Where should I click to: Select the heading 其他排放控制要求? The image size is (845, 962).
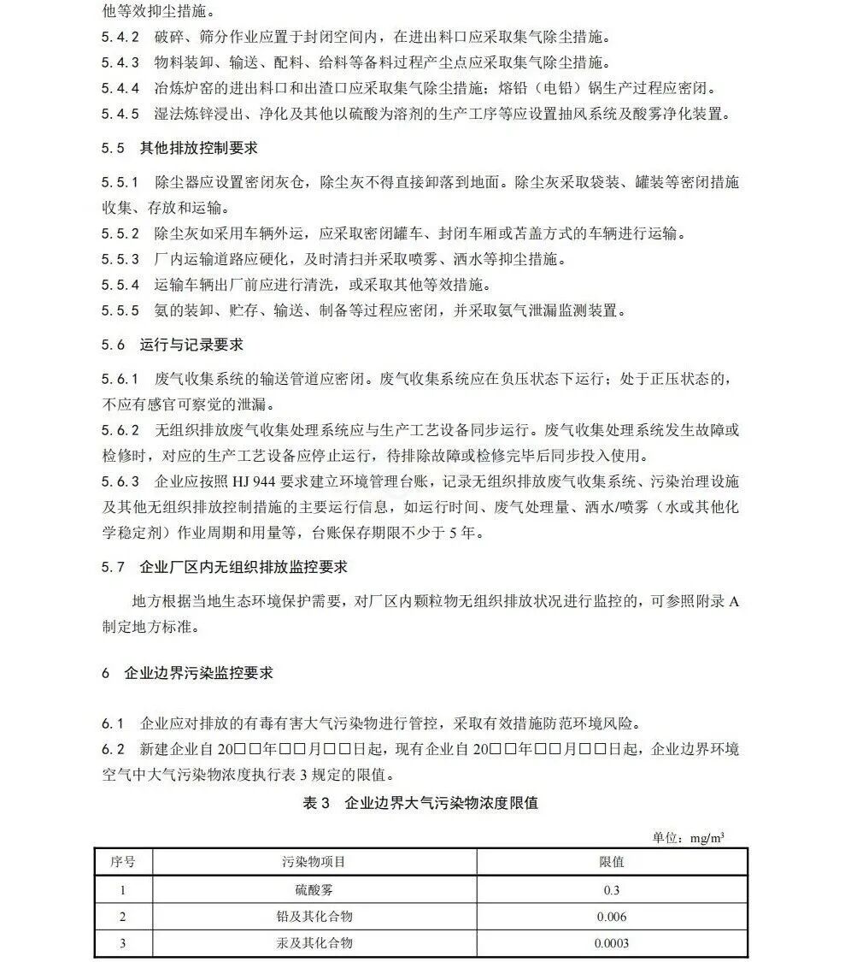click(x=198, y=148)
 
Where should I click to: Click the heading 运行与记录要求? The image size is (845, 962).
click(x=191, y=345)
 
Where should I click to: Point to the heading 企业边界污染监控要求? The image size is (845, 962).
click(x=198, y=673)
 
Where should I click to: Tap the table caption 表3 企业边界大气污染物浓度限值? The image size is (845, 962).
click(x=420, y=803)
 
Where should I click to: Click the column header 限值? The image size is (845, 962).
click(x=611, y=862)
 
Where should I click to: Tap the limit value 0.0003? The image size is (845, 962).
click(x=611, y=943)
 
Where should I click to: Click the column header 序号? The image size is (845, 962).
click(x=122, y=862)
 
